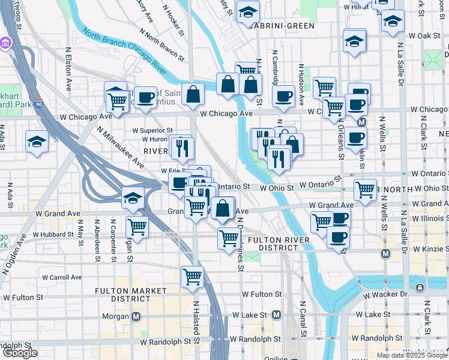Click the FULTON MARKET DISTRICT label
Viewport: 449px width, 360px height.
[130, 295]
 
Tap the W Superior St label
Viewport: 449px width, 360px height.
[152, 130]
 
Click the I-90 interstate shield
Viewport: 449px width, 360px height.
[38, 103]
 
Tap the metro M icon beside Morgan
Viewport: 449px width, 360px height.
[136, 316]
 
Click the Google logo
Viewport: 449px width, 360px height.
[20, 353]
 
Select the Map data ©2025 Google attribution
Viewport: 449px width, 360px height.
[412, 355]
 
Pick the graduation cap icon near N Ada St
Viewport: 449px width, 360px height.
[37, 142]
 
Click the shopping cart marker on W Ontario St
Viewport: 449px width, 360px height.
[365, 190]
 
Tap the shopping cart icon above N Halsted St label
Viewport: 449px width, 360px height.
[192, 276]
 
